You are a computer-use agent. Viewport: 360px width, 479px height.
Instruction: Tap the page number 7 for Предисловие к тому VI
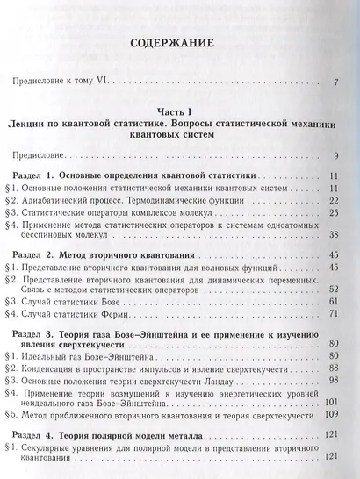tap(336, 83)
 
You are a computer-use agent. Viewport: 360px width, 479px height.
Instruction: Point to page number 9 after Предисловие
tap(336, 156)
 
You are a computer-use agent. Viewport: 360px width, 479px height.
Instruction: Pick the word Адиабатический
tap(62, 199)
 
